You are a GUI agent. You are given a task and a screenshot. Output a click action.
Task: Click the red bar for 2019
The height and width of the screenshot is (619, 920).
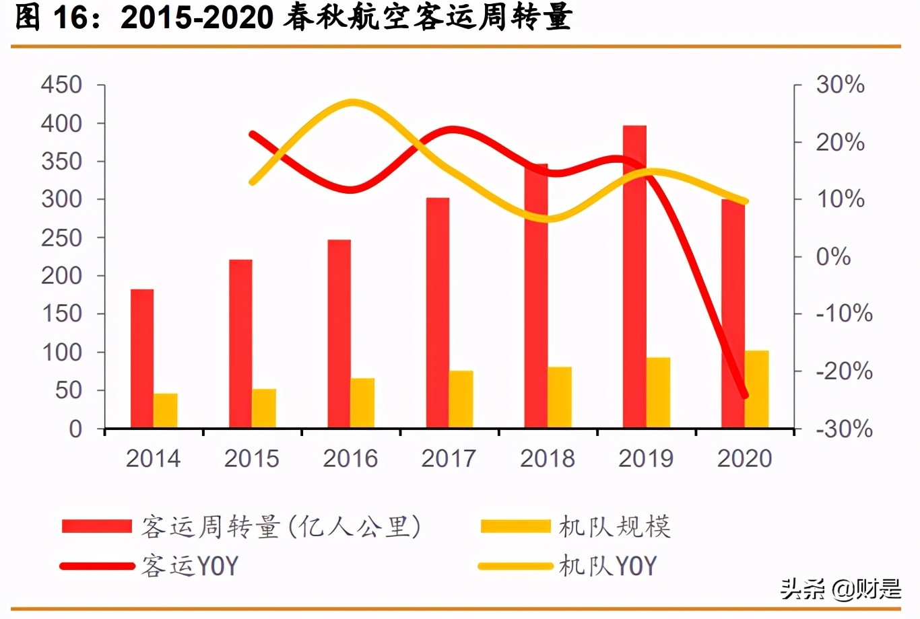634,276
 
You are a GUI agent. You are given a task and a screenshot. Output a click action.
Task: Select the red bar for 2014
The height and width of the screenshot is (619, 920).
142,359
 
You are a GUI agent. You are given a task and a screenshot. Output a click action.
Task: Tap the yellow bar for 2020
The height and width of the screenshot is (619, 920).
757,389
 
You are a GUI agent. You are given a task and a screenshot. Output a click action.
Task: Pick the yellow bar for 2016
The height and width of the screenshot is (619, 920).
362,403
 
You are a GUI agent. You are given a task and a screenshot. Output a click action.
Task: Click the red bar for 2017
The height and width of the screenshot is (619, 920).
438,313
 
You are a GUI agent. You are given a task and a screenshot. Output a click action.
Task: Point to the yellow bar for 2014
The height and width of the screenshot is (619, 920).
165,410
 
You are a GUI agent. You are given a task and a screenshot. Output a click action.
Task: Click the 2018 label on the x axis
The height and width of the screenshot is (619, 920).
547,458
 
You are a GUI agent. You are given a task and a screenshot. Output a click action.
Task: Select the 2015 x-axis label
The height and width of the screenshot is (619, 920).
251,458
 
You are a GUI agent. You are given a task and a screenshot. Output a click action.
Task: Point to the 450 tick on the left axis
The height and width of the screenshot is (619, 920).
61,85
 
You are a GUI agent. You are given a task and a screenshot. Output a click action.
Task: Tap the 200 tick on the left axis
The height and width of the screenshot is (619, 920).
61,275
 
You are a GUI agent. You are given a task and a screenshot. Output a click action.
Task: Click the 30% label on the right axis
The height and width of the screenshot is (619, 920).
840,85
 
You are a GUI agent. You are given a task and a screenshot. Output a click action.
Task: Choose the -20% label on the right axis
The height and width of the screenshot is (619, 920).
844,371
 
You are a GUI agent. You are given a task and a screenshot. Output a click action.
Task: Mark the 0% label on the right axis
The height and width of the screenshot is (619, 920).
833,256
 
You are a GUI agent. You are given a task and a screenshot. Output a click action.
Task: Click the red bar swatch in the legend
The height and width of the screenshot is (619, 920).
96,526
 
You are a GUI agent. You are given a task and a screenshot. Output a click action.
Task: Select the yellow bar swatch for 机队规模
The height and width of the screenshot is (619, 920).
515,526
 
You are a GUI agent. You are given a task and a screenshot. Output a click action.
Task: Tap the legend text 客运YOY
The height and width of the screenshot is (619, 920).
190,566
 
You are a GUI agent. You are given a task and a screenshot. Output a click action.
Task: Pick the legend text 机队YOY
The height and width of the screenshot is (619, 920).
607,566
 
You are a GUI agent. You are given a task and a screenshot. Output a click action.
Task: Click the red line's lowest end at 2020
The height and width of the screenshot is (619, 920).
745,396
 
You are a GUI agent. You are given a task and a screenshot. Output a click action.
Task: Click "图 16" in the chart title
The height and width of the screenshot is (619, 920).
51,18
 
